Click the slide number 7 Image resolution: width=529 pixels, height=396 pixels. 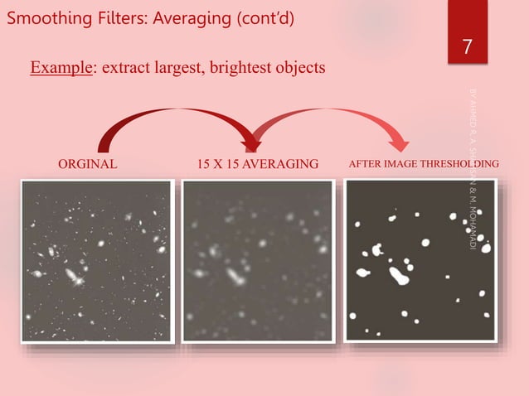click(x=467, y=47)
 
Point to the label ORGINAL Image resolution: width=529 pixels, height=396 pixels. click(x=87, y=164)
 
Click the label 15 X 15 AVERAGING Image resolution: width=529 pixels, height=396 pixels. click(x=257, y=164)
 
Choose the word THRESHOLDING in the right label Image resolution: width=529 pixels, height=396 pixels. click(x=459, y=164)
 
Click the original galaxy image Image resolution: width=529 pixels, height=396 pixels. click(x=96, y=261)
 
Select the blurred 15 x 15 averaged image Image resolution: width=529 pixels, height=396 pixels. click(x=257, y=261)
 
